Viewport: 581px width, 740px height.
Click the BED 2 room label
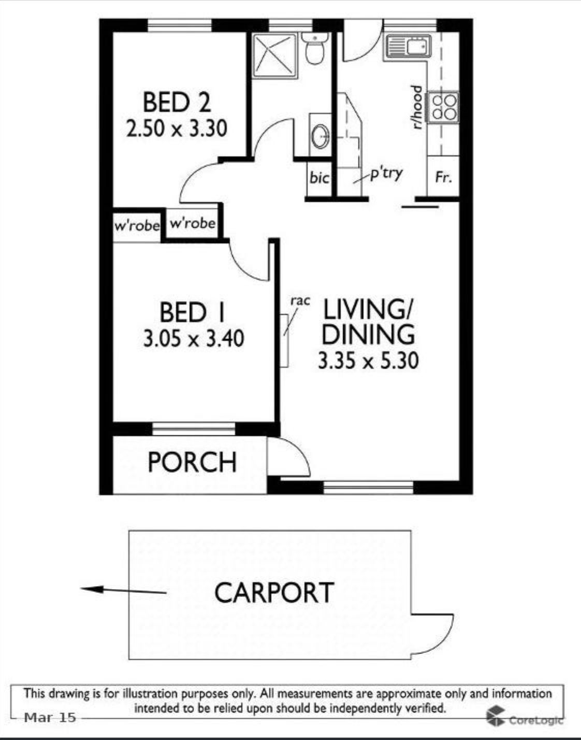point(177,103)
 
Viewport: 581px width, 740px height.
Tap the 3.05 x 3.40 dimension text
point(194,339)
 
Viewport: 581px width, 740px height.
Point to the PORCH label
point(192,462)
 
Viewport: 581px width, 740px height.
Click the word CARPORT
point(274,592)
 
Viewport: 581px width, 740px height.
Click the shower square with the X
point(275,55)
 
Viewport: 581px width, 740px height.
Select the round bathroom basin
point(321,136)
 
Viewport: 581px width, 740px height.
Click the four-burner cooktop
point(443,107)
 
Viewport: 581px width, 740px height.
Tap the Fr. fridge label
point(444,177)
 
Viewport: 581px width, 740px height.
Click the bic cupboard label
point(319,178)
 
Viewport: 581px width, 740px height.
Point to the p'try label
point(386,174)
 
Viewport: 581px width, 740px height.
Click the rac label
point(300,301)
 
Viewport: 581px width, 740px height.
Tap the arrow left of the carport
point(123,591)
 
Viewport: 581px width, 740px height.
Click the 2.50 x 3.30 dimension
point(177,129)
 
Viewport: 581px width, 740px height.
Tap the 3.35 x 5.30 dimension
point(368,361)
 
